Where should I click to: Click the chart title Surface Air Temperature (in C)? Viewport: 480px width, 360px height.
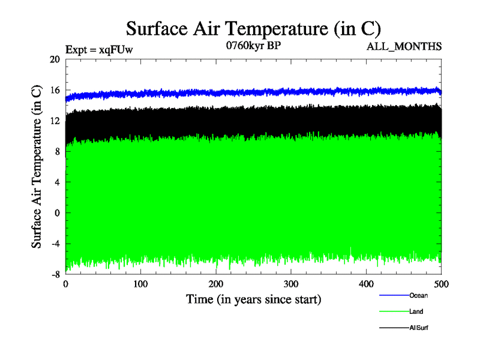click(x=253, y=28)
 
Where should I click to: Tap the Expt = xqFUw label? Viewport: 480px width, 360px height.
click(x=99, y=50)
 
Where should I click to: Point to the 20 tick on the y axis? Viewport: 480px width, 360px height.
click(x=55, y=59)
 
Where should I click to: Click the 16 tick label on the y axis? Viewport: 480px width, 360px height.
click(x=55, y=90)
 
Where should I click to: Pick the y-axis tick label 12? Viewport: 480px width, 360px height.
click(x=55, y=121)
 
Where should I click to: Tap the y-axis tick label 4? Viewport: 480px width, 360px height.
click(x=57, y=182)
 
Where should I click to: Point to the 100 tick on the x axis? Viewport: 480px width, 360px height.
click(x=141, y=283)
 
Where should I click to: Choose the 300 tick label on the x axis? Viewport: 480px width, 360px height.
click(x=291, y=283)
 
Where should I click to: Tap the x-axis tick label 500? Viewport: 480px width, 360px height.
click(x=441, y=283)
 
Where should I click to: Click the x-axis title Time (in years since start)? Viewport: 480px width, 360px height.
click(x=253, y=299)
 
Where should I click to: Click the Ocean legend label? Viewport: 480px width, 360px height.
click(x=418, y=295)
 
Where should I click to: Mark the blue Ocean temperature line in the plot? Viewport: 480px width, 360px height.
click(x=252, y=92)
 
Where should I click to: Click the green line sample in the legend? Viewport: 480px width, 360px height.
click(x=393, y=311)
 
